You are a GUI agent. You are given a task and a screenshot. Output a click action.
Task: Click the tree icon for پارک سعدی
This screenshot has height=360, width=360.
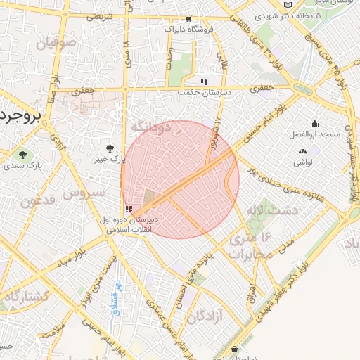(x=23, y=155)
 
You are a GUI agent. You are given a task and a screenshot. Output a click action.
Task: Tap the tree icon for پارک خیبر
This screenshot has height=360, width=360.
(x=110, y=148)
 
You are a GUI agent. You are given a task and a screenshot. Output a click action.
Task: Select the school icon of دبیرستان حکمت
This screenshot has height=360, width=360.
(x=204, y=82)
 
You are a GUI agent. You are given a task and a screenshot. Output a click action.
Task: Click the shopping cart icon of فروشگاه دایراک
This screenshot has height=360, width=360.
(x=188, y=20)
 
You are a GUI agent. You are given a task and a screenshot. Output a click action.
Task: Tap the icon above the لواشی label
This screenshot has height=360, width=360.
(x=303, y=151)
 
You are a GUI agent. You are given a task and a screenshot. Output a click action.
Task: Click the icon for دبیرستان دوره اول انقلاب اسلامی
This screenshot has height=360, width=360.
(x=128, y=209)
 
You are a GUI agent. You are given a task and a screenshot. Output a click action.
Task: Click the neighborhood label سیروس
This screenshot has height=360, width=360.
(x=84, y=191)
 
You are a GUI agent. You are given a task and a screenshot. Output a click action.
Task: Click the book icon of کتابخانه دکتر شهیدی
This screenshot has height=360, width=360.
(x=287, y=5)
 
